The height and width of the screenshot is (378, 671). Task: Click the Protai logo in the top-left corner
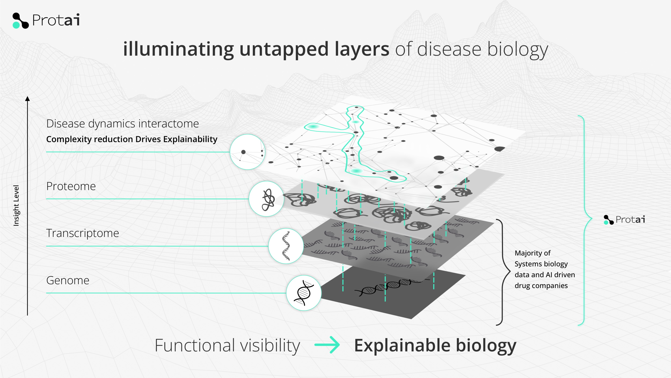pyautogui.click(x=46, y=20)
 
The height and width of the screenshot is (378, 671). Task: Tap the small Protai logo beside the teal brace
pyautogui.click(x=624, y=219)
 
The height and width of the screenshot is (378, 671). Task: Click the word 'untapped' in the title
pyautogui.click(x=284, y=49)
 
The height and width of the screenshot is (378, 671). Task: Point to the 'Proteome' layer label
pyautogui.click(x=71, y=186)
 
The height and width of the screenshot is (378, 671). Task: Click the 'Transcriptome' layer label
pyautogui.click(x=82, y=233)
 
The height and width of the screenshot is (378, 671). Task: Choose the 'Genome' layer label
pyautogui.click(x=68, y=280)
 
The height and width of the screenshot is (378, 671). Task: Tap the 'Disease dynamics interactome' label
pyautogui.click(x=122, y=124)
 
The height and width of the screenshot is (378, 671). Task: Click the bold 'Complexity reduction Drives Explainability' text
pyautogui.click(x=132, y=139)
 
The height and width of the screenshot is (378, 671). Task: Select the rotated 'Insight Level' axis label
pyautogui.click(x=16, y=206)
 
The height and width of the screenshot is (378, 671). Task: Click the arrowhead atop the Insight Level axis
pyautogui.click(x=27, y=99)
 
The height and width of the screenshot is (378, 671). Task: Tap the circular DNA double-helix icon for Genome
pyautogui.click(x=304, y=293)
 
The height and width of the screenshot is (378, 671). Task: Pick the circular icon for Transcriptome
pyautogui.click(x=286, y=246)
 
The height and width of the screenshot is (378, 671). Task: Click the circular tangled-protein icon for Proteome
pyautogui.click(x=266, y=199)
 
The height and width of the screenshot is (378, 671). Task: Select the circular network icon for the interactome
pyautogui.click(x=247, y=152)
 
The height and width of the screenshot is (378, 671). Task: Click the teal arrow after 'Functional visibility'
pyautogui.click(x=327, y=345)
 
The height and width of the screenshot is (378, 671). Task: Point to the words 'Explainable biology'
pyautogui.click(x=435, y=345)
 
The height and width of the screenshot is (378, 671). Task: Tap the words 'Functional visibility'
pyautogui.click(x=227, y=345)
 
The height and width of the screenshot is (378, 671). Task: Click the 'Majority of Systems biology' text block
pyautogui.click(x=544, y=269)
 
